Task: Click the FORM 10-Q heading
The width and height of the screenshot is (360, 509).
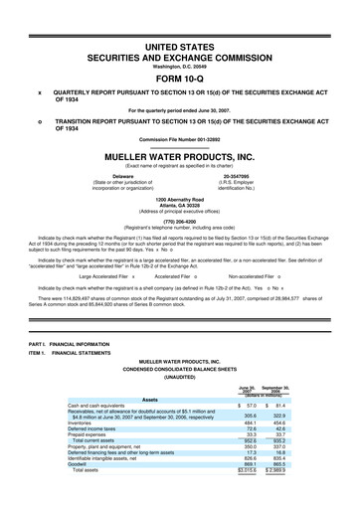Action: (x=179, y=53)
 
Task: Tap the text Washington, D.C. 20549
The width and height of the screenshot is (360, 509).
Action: (x=179, y=39)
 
